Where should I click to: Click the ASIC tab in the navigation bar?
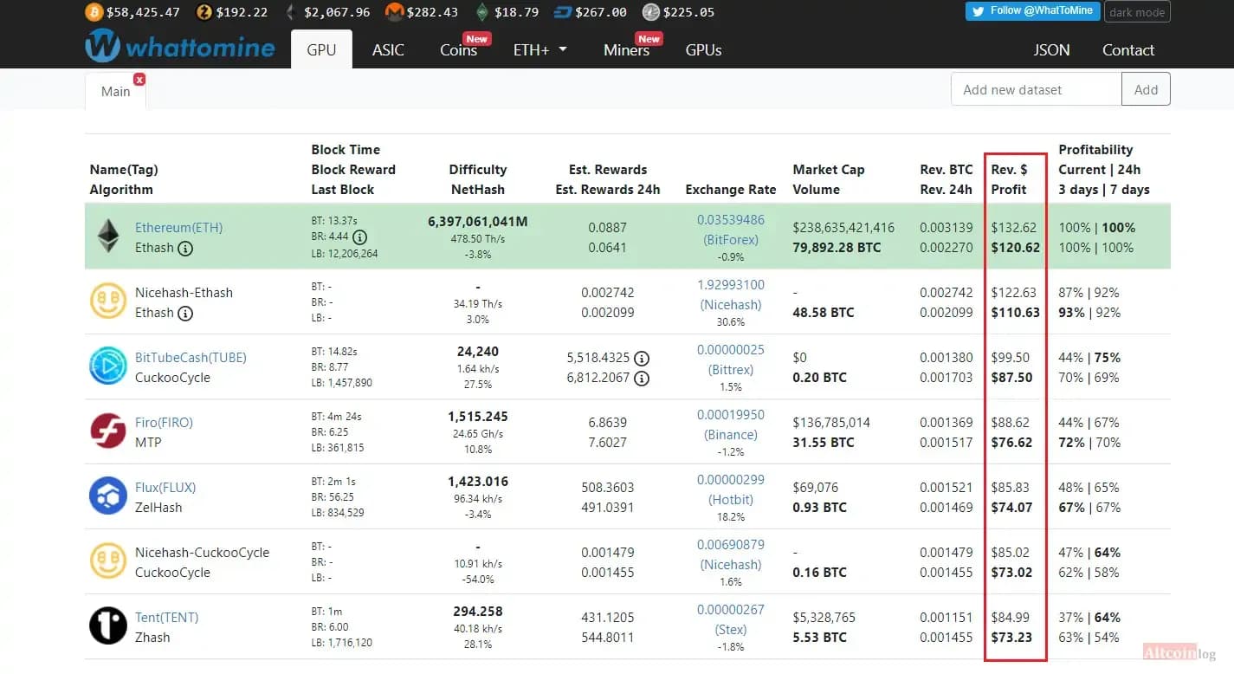tap(388, 50)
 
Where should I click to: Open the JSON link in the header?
tap(1051, 50)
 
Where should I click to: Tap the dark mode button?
tap(1137, 12)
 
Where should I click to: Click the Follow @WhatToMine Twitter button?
tap(1032, 11)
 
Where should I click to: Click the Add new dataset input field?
tap(1037, 89)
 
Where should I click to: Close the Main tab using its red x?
tap(139, 80)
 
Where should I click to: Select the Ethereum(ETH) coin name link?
tap(178, 228)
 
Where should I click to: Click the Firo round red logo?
tap(108, 431)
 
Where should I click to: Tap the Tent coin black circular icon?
tap(108, 626)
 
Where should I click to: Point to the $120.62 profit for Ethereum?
tap(1015, 248)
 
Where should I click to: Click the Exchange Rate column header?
tap(731, 190)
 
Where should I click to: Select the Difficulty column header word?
tap(478, 170)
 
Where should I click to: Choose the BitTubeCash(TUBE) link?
tap(191, 358)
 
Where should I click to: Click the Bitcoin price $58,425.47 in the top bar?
tap(143, 12)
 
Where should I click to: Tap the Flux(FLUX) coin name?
tap(165, 488)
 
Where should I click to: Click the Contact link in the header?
tap(1127, 50)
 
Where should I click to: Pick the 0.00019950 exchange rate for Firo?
tap(731, 414)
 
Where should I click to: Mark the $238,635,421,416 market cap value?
tap(843, 228)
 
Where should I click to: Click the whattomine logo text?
tap(200, 48)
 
